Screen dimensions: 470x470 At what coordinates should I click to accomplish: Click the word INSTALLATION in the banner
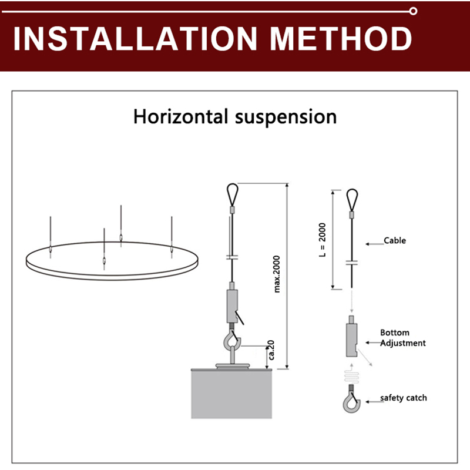click(135, 39)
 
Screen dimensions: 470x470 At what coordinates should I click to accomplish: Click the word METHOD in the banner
click(341, 39)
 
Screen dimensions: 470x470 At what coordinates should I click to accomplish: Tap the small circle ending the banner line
click(413, 11)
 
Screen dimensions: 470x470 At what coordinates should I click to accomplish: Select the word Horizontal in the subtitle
click(181, 116)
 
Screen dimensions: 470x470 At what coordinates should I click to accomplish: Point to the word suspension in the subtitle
click(286, 117)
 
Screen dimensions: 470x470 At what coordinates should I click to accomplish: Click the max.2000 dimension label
click(276, 274)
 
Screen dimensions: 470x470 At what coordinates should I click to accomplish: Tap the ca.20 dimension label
click(271, 350)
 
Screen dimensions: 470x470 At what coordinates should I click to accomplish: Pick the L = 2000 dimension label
click(322, 240)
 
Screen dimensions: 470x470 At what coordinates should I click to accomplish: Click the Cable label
click(395, 240)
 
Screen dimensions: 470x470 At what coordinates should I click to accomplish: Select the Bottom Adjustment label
click(403, 338)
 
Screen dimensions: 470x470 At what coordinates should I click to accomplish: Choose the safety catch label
click(404, 398)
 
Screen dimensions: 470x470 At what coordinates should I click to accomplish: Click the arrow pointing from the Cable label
click(374, 244)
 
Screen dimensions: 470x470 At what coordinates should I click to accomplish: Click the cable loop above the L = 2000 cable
click(352, 199)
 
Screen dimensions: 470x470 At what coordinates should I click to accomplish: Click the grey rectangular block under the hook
click(231, 394)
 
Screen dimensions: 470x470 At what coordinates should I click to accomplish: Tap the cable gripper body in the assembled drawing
click(232, 305)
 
